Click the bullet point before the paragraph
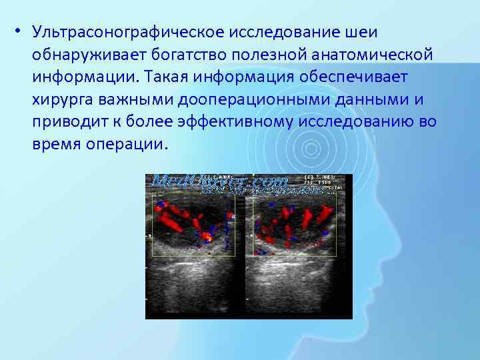click(x=22, y=33)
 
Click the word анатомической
click(x=377, y=55)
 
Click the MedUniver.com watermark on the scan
click(x=220, y=181)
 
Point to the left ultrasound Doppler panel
click(x=197, y=247)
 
